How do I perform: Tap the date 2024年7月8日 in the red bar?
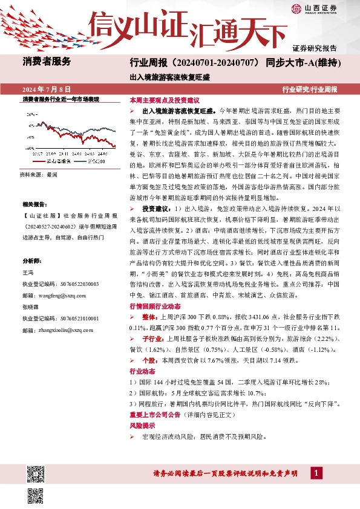click(x=47, y=89)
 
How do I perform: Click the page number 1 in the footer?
click(x=316, y=473)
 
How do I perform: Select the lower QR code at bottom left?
click(x=34, y=490)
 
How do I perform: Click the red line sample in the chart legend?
click(x=40, y=161)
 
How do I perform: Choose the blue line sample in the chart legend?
click(x=79, y=161)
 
